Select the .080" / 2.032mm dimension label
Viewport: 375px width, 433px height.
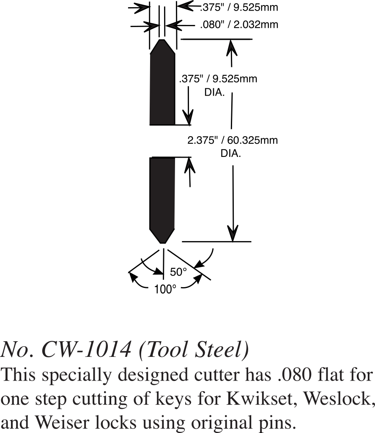(239, 25)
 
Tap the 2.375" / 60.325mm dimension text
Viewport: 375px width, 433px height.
(233, 140)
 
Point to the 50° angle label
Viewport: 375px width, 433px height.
(178, 272)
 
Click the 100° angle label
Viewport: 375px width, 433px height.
(165, 290)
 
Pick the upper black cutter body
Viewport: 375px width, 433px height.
(163, 89)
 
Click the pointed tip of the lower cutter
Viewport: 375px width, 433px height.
(163, 242)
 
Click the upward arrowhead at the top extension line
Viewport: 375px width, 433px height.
(231, 47)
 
